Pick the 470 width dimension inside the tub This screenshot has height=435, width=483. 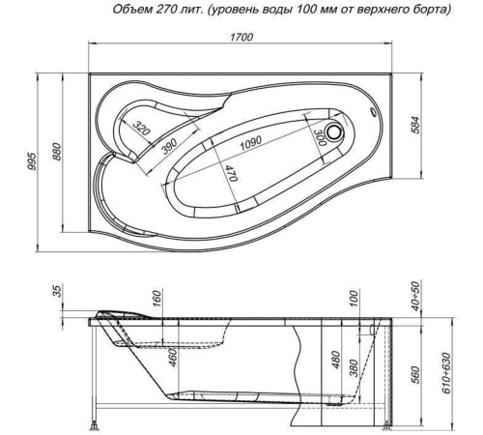(231, 174)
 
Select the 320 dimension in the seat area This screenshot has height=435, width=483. (143, 130)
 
